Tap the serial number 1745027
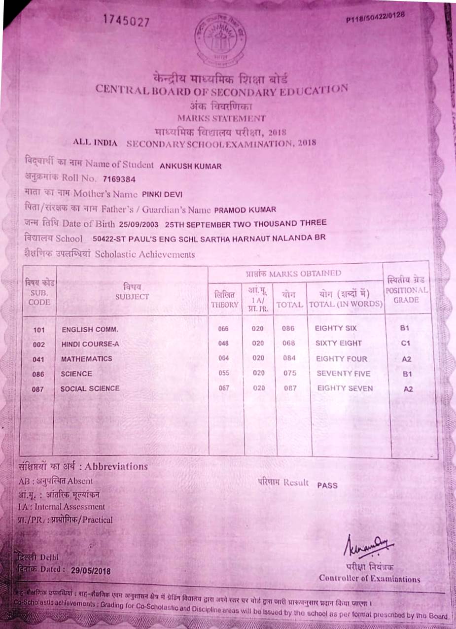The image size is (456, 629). click(x=126, y=20)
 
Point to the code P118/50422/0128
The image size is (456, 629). click(x=375, y=17)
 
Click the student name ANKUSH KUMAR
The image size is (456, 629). click(x=191, y=166)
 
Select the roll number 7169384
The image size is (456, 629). click(x=119, y=178)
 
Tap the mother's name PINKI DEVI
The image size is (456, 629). click(x=162, y=194)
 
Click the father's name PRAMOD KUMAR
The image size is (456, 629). click(x=245, y=210)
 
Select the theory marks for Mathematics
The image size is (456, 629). click(x=224, y=358)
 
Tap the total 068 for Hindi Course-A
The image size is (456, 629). click(x=289, y=343)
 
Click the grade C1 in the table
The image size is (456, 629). click(x=407, y=343)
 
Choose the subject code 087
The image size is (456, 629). click(x=38, y=389)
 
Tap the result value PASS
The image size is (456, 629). click(x=327, y=485)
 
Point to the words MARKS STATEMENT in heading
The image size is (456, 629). click(x=221, y=118)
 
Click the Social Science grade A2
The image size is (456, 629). click(x=408, y=389)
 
